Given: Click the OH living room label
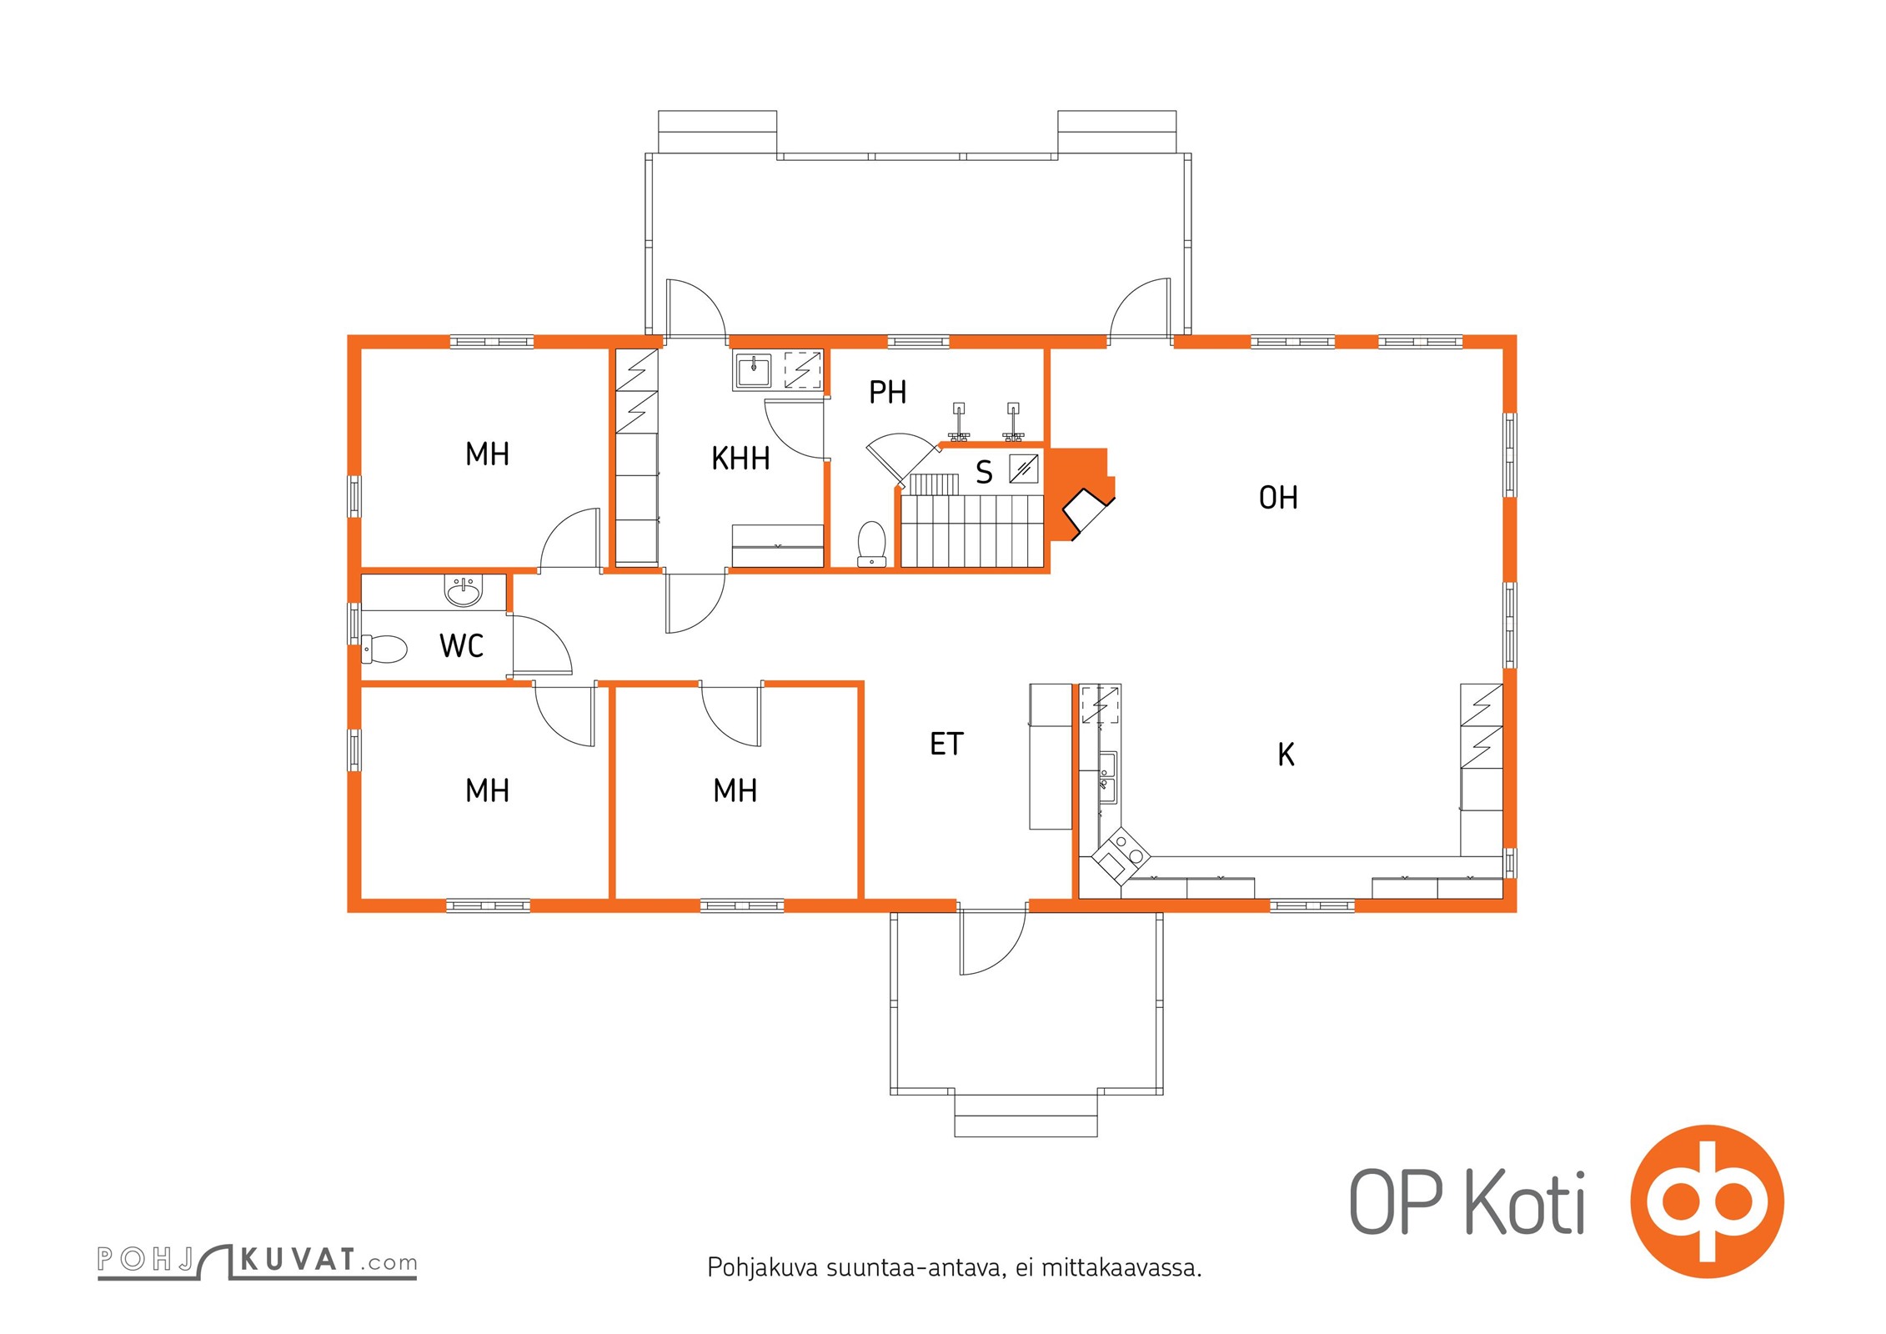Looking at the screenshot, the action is point(1277,498).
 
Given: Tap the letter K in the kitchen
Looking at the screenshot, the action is point(1286,755).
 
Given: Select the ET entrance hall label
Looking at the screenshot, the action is point(946,744).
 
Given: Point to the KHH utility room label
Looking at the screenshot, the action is point(740,459).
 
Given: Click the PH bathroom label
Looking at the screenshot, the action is point(887,392).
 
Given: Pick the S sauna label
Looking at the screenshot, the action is point(984,473).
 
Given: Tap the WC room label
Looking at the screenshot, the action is point(461,645).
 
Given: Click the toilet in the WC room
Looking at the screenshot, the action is point(384,649).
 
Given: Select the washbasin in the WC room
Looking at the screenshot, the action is point(464,590).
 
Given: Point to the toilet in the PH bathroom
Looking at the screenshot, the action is point(871,544).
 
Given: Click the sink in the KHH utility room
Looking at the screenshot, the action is point(754,370).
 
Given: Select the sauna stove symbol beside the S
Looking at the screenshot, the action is point(1024,469).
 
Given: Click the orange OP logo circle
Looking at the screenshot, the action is point(1707,1201).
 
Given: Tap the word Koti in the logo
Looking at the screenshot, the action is point(1525,1201).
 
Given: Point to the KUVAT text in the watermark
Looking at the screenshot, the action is point(298,1260).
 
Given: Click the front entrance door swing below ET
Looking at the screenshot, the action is point(992,941).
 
